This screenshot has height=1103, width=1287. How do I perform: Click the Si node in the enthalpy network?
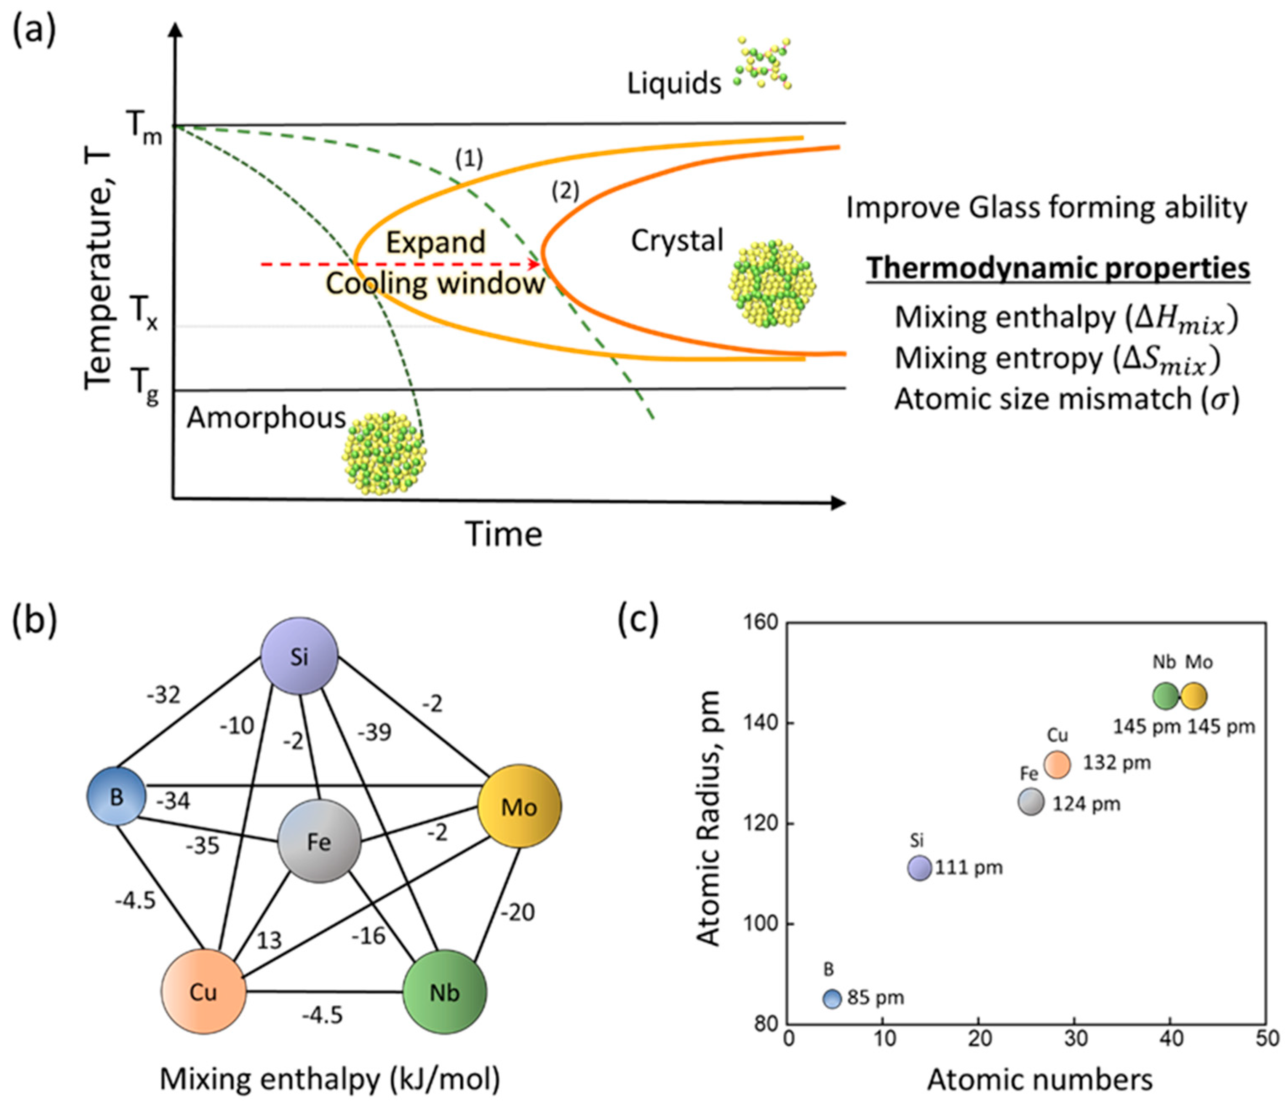(x=299, y=656)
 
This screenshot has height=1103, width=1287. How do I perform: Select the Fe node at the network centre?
(x=319, y=841)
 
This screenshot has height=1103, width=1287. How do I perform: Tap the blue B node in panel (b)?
(x=117, y=797)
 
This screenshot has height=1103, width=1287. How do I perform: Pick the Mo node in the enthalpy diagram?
(x=519, y=806)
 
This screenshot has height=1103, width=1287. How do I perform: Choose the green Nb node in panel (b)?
(x=445, y=992)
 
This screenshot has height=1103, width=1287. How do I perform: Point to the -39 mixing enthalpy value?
(x=374, y=733)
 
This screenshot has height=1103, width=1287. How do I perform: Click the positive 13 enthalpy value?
(x=269, y=940)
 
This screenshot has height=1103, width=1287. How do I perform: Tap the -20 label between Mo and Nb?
(x=518, y=912)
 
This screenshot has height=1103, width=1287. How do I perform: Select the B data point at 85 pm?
(x=832, y=998)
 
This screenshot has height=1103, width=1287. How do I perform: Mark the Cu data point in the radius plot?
(x=1057, y=764)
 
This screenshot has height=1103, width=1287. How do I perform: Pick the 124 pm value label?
(x=1086, y=804)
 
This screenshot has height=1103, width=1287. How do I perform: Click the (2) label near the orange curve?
(x=565, y=191)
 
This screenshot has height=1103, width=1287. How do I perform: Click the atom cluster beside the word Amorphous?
(x=384, y=452)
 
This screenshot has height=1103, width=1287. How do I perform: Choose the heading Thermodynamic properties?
(x=1058, y=268)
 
